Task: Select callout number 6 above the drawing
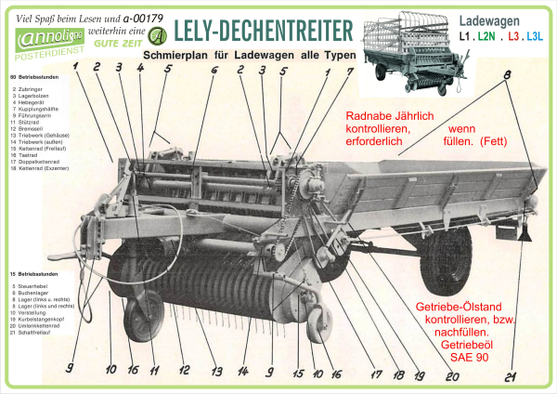[214, 70]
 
